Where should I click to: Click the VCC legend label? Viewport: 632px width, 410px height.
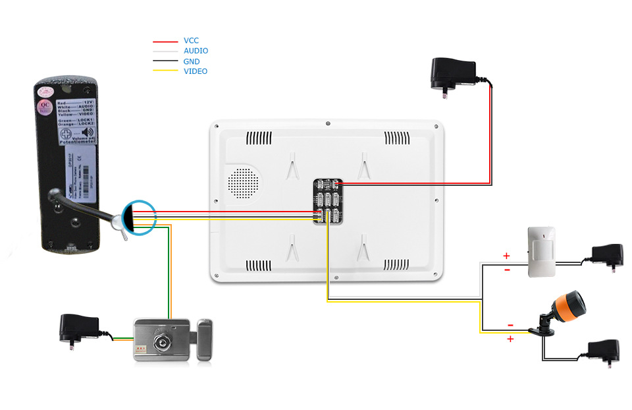pos(191,41)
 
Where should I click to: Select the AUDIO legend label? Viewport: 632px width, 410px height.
pos(196,51)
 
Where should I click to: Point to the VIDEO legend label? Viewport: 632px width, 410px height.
pos(195,71)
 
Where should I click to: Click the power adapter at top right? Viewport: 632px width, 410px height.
pos(453,73)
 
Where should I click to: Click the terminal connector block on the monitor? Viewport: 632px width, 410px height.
pos(328,201)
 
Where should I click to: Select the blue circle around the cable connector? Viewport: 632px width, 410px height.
pos(138,216)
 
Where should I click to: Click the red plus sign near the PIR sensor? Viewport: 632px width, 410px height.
pos(506,255)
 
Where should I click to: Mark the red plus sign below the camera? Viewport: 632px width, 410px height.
pos(509,339)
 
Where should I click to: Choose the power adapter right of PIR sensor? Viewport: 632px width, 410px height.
pos(607,254)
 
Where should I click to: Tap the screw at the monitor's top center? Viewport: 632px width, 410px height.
pos(327,123)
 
